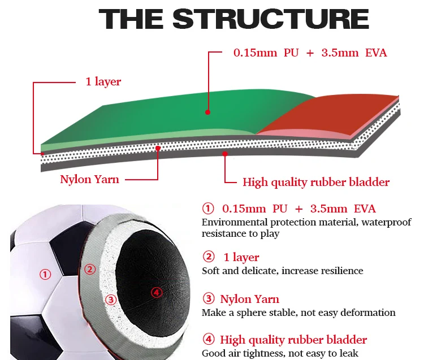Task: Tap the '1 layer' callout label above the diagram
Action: [103, 82]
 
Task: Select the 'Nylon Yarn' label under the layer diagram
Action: [90, 180]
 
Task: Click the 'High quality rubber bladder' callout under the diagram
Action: [316, 182]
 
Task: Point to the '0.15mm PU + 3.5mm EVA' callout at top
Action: [310, 53]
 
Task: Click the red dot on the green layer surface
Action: [208, 112]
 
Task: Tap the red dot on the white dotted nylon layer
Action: [158, 149]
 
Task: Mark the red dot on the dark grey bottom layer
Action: [225, 153]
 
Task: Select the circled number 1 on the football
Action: [45, 275]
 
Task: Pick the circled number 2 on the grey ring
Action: [88, 268]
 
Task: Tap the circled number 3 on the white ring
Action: [111, 300]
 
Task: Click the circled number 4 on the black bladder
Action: [157, 292]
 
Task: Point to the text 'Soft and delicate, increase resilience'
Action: [283, 271]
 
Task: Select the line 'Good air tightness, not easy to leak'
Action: [280, 353]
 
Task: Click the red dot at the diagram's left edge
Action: [42, 153]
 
